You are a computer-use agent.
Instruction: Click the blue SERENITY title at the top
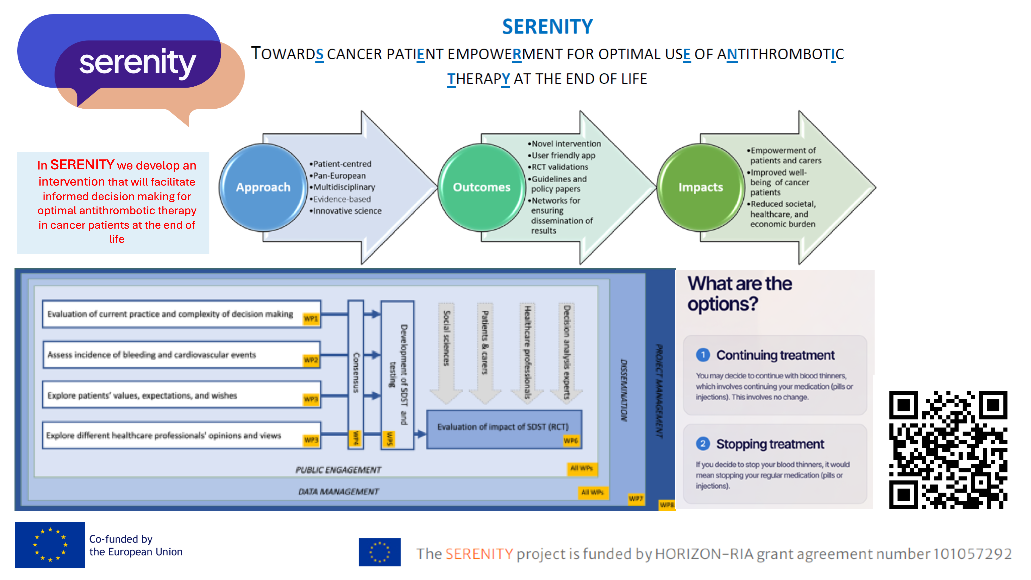[547, 27]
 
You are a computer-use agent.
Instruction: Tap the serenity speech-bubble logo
[132, 66]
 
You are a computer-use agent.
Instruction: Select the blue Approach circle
[263, 187]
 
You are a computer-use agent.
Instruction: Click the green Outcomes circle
[481, 187]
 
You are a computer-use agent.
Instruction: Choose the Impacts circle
[700, 187]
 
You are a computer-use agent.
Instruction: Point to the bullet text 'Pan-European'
[339, 176]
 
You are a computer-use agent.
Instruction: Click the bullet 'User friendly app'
[563, 155]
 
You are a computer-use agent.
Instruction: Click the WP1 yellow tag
[311, 319]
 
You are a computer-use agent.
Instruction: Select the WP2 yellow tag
[311, 360]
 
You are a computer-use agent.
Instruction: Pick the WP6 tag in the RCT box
[571, 441]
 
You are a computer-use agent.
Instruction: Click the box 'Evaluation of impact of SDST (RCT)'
[503, 427]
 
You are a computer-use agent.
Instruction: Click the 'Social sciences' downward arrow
[446, 352]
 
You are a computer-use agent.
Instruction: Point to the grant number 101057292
[973, 554]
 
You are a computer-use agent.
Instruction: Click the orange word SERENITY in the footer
[479, 554]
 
